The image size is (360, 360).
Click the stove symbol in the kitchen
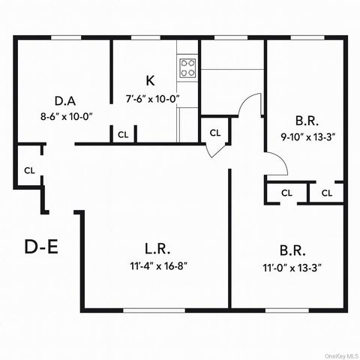pyautogui.click(x=187, y=70)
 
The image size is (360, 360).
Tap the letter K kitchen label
pyautogui.click(x=150, y=81)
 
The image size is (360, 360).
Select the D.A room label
pyautogui.click(x=64, y=101)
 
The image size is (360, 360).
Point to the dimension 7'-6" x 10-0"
pyautogui.click(x=152, y=98)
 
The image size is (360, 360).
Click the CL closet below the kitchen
pyautogui.click(x=123, y=135)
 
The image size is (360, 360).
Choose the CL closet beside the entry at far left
pyautogui.click(x=29, y=170)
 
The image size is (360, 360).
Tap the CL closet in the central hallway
pyautogui.click(x=215, y=133)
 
